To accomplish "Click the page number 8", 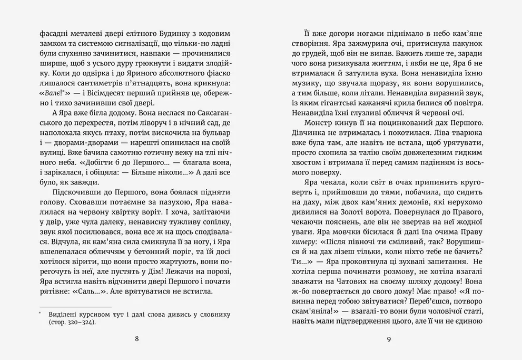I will click(137, 339).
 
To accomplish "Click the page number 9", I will click(388, 339).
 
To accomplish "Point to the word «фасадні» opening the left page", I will click(54, 33).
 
